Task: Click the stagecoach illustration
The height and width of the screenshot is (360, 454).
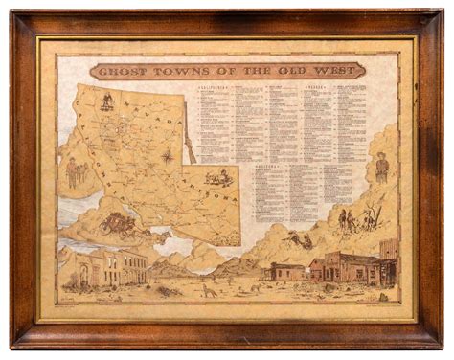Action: click(122, 223)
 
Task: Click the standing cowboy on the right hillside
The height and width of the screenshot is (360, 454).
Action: click(382, 169)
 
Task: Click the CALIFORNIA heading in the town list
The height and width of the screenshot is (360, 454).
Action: click(215, 85)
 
